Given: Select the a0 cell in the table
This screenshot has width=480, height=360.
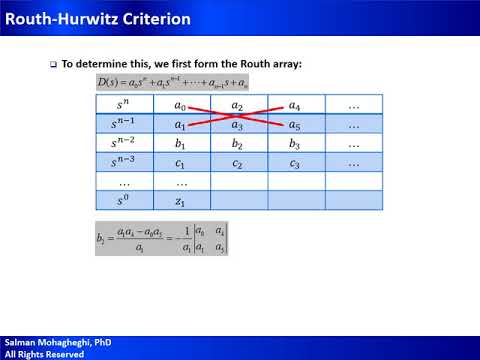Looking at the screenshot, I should tap(180, 105).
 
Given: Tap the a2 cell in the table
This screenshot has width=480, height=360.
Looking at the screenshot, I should tap(237, 105).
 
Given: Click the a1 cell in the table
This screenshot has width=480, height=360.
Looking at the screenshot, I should tap(180, 125).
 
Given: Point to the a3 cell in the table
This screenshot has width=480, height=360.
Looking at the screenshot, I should tap(237, 125).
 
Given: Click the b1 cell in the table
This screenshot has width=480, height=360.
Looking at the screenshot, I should tap(180, 144).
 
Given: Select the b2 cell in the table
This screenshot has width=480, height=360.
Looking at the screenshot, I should tap(237, 144).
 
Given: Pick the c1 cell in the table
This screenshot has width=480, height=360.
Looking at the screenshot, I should tap(180, 163).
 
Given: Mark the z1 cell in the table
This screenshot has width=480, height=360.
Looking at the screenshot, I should tap(180, 201).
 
